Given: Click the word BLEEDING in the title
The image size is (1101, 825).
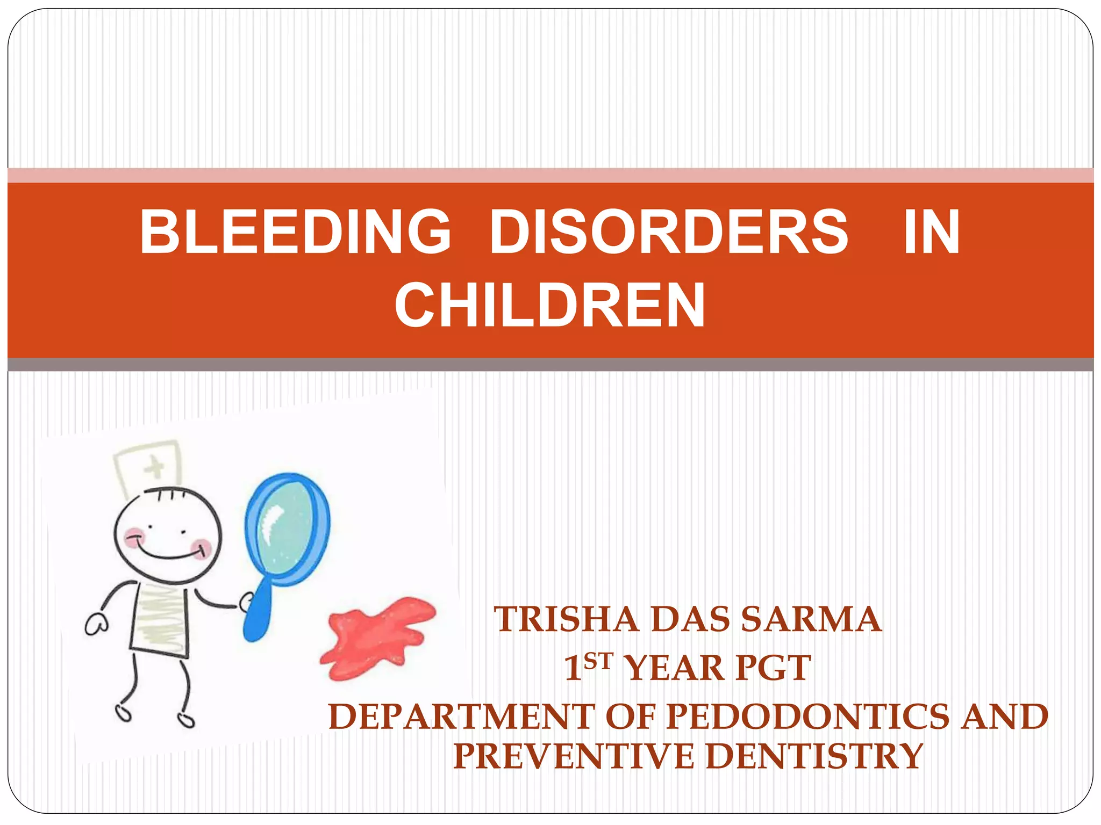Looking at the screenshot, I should [x=295, y=231].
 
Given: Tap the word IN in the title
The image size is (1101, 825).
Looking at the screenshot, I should [x=931, y=231].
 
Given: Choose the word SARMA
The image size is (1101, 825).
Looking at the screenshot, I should [x=811, y=619].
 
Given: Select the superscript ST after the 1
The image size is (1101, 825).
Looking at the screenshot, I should [x=598, y=661].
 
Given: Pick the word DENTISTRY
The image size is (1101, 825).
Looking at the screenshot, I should [x=817, y=756].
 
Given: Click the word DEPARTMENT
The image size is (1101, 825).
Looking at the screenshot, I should [x=462, y=717].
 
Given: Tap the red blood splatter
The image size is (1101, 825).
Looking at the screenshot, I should [x=376, y=636].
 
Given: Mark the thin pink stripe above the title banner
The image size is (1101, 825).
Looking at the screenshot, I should [x=550, y=175].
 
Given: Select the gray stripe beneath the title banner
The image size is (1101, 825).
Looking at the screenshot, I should [x=550, y=365].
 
